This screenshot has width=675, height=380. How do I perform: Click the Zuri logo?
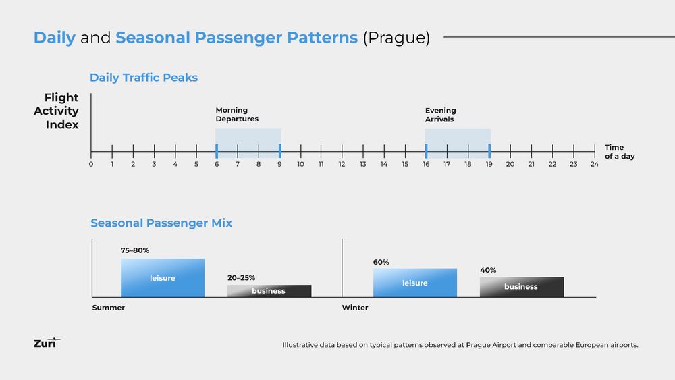[x=47, y=343]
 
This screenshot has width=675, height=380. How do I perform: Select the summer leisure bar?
[x=162, y=278]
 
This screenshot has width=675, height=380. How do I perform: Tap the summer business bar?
[x=269, y=291]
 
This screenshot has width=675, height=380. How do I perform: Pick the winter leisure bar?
[x=414, y=283]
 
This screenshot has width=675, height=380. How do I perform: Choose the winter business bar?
[x=521, y=287]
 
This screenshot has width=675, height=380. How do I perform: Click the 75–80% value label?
[x=135, y=250]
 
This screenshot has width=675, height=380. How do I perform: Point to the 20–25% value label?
[x=241, y=277]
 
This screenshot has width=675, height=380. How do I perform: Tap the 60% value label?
[x=381, y=262]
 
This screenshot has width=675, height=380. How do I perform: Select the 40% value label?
[x=488, y=270]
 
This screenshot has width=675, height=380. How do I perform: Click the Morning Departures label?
[x=237, y=115]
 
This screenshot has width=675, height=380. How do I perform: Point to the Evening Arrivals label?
[x=441, y=115]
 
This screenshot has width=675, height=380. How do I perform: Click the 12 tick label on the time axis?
[x=342, y=164]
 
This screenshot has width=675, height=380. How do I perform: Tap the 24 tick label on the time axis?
[x=594, y=164]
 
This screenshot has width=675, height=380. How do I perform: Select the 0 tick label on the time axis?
[x=91, y=164]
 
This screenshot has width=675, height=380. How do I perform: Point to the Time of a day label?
[x=619, y=152]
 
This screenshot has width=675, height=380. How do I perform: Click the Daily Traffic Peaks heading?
[x=144, y=78]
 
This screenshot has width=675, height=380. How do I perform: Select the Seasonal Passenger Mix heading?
[x=161, y=223]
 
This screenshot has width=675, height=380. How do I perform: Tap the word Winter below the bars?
[x=355, y=308]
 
